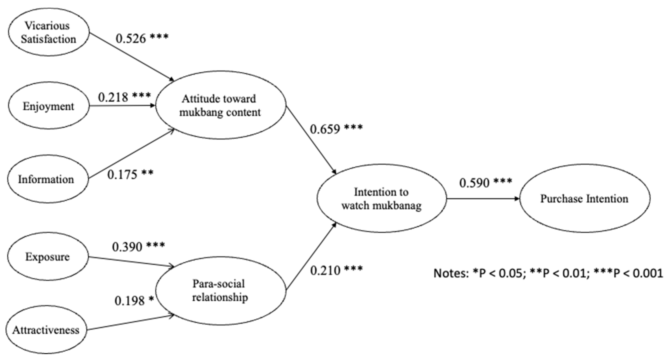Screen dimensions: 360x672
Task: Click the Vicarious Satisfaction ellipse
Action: click(49, 32)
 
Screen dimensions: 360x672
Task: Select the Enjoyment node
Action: click(49, 106)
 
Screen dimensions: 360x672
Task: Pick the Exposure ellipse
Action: click(48, 257)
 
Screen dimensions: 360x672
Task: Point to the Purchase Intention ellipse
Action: click(584, 199)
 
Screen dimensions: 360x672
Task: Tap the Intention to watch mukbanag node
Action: click(381, 199)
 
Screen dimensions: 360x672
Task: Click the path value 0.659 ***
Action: click(336, 129)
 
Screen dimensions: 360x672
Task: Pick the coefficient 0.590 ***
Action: click(485, 183)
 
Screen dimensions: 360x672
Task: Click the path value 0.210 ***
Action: click(336, 270)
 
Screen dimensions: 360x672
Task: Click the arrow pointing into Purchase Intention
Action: click(483, 199)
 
